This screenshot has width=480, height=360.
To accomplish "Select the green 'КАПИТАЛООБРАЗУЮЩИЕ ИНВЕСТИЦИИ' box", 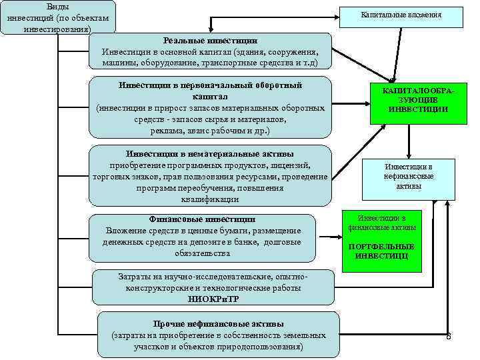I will click(409, 101).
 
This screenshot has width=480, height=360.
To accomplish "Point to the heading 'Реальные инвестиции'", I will click(210, 41).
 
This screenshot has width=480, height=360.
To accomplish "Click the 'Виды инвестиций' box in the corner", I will click(57, 17).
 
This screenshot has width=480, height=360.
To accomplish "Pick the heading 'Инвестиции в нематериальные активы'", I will click(210, 153).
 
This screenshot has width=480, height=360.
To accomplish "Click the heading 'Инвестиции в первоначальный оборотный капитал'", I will click(210, 91).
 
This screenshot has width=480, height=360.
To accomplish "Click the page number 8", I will click(449, 336).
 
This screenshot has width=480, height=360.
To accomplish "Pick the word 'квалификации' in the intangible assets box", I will click(209, 199).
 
